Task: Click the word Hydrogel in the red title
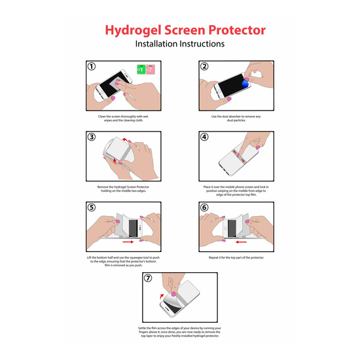coord(133,31)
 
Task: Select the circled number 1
coord(92,67)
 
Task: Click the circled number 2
coord(204,67)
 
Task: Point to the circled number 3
coord(92,137)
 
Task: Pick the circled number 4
coord(204,137)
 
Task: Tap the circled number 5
coord(92,207)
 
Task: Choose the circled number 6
coord(204,207)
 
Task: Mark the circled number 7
coord(148,278)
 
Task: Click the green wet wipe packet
coord(141,69)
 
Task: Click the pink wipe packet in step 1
coord(151,69)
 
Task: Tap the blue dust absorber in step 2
coord(245,84)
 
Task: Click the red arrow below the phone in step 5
coord(128,242)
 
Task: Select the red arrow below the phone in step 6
coord(241,242)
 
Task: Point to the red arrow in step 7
coord(162,296)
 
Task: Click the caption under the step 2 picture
coord(236,118)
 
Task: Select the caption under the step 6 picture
coord(236,258)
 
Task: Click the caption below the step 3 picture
coord(123,189)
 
